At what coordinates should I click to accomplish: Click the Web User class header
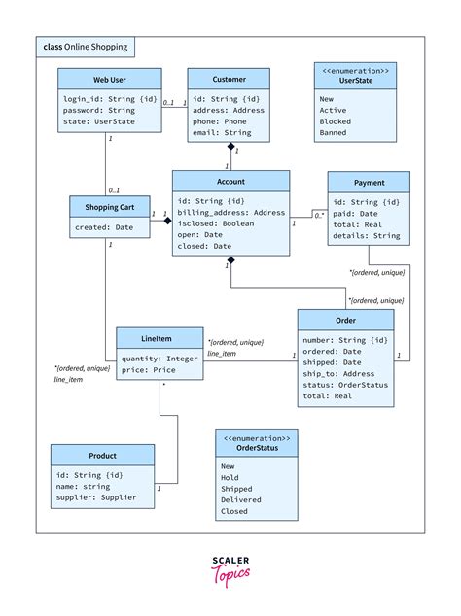[109, 79]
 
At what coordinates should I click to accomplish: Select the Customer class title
[229, 79]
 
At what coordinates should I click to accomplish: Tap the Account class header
[230, 181]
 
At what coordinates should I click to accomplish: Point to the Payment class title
[369, 182]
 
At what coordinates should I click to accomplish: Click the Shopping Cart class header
[109, 206]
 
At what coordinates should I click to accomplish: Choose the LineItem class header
[159, 337]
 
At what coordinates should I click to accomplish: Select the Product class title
[102, 455]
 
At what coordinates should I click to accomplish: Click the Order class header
[345, 320]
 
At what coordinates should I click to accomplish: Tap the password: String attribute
[99, 111]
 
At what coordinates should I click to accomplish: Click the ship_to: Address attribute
[338, 374]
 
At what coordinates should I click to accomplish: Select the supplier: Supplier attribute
[96, 497]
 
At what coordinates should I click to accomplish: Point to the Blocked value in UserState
[336, 122]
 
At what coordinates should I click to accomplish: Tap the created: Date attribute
[104, 228]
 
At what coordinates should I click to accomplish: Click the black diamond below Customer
[230, 147]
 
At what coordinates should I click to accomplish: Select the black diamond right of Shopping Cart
[166, 222]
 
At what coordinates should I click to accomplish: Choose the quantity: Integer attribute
[159, 358]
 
